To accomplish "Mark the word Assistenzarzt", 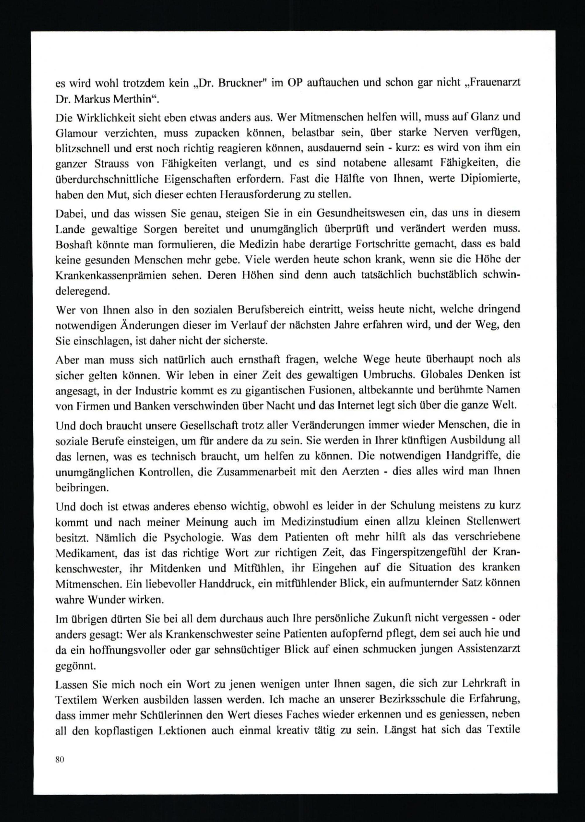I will click(x=488, y=649).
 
